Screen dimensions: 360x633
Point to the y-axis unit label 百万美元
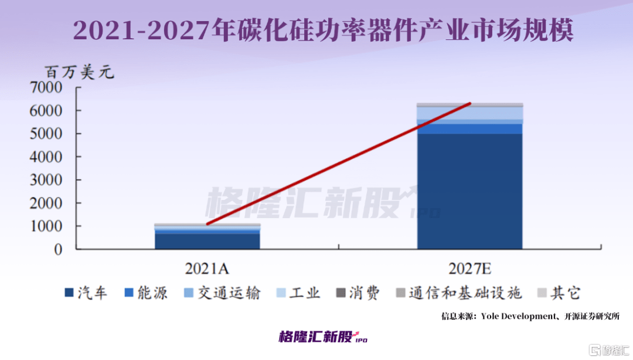pyautogui.click(x=80, y=73)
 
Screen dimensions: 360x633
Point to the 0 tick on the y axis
pyautogui.click(x=57, y=250)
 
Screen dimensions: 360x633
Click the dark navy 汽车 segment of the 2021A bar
pyautogui.click(x=207, y=242)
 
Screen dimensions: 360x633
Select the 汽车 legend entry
pyautogui.click(x=86, y=293)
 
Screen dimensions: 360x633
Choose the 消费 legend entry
pyautogui.click(x=357, y=293)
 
